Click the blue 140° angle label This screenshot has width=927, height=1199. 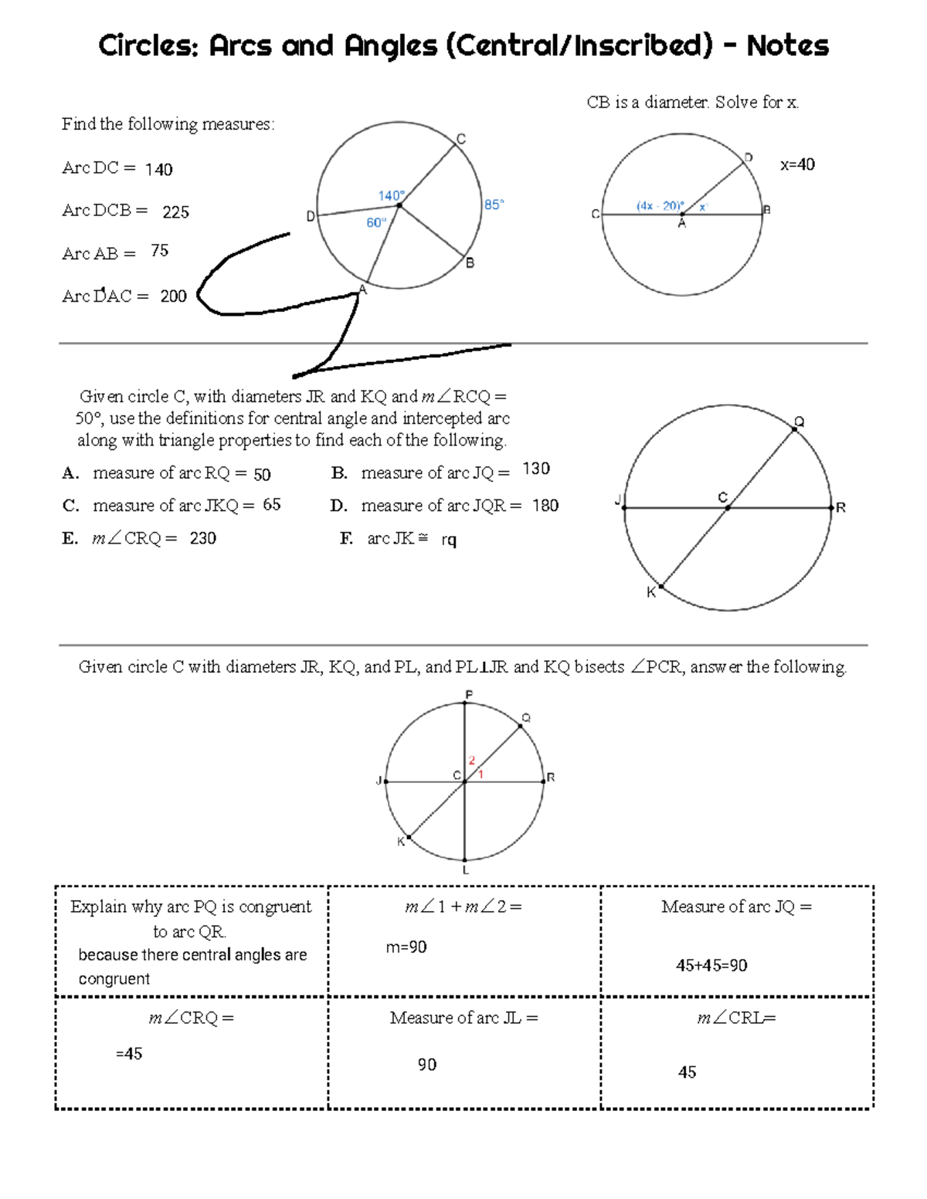pos(391,196)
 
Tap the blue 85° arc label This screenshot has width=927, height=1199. pos(494,205)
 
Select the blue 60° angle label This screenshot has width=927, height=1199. pos(376,223)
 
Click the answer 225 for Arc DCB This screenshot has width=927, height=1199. pos(175,212)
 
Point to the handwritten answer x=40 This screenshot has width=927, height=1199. pos(797,164)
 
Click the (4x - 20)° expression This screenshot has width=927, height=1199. pos(660,206)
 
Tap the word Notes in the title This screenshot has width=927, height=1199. pos(787,46)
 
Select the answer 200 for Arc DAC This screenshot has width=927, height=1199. pos(173,296)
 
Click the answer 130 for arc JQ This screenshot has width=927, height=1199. pos(536,469)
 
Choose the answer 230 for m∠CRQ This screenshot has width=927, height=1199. pos(202,539)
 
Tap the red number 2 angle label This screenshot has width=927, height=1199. pos(472,760)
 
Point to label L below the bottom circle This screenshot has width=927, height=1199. pos(466,870)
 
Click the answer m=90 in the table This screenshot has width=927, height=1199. pos(406,947)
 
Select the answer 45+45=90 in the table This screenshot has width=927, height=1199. pos(711,966)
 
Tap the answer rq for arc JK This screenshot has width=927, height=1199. pos(449,540)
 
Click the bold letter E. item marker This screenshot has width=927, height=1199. pos(70,539)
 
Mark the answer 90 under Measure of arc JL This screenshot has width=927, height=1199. pos(427,1065)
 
